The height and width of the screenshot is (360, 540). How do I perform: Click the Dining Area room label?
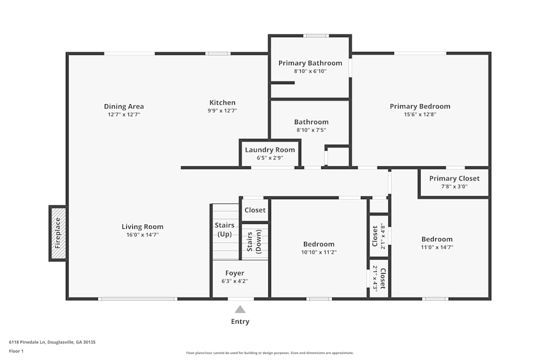click(124, 106)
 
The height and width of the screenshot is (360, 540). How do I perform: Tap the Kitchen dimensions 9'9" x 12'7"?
click(222, 110)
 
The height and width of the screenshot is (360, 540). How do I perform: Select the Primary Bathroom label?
click(310, 63)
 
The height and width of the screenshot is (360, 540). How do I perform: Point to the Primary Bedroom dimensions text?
click(420, 114)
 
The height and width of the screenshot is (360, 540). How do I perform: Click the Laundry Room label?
click(270, 150)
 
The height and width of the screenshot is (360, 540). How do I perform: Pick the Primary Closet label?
click(454, 179)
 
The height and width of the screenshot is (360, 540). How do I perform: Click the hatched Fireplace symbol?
click(58, 233)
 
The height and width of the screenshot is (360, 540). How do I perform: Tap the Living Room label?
click(142, 227)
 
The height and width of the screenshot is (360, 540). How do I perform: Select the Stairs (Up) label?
click(224, 229)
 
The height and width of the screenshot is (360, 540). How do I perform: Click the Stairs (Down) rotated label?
click(254, 242)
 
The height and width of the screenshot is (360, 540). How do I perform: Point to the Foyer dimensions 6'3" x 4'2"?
click(234, 281)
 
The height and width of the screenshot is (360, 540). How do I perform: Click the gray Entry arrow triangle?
click(240, 309)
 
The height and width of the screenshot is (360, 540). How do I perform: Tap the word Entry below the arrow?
click(240, 322)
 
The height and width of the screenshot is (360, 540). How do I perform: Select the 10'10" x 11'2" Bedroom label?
click(319, 244)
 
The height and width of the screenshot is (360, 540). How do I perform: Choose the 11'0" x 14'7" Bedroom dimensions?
click(437, 247)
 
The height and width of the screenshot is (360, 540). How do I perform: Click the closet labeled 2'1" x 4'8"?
click(379, 235)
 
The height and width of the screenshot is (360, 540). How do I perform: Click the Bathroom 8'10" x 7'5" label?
click(311, 122)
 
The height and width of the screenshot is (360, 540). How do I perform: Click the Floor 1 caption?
click(16, 351)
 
